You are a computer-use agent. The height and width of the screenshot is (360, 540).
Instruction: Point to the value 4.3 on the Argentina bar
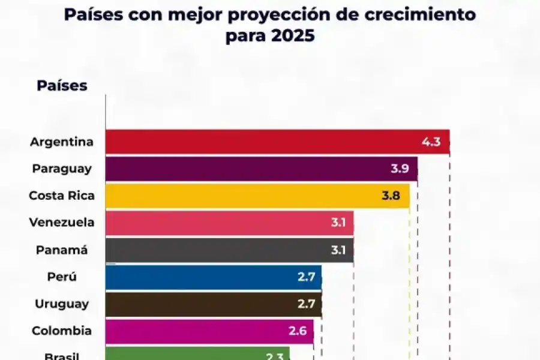click(x=431, y=142)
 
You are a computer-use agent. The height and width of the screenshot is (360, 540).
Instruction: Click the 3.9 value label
click(x=400, y=169)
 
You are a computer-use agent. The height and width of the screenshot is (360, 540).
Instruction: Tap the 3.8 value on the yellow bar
click(x=391, y=196)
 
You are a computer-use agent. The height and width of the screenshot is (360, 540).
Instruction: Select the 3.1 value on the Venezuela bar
click(x=338, y=223)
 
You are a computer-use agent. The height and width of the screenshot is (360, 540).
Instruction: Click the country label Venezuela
click(x=62, y=223)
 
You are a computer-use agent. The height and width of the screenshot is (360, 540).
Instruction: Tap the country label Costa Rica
click(x=61, y=196)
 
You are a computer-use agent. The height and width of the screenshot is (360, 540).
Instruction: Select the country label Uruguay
click(x=62, y=304)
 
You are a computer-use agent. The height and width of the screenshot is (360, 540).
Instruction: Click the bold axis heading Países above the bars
click(x=62, y=86)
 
